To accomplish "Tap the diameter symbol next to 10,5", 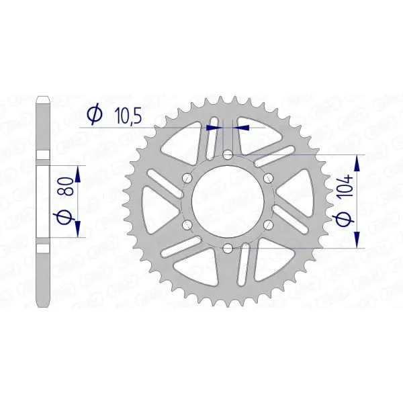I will tap(95, 116).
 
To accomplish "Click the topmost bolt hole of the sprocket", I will tap(228, 155).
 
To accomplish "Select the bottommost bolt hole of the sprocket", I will tap(228, 249).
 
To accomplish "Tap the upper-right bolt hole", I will tap(269, 178).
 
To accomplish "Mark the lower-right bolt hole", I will tap(269, 225).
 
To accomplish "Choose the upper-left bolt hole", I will tap(188, 178).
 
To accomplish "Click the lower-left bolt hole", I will tap(188, 225).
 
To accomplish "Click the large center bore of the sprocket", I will tap(228, 201).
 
